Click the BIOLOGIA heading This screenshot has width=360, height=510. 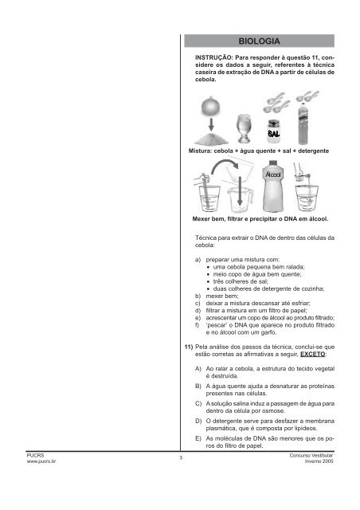(259, 41)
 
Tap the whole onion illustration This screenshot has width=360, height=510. (211, 106)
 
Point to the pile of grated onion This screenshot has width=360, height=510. (211, 139)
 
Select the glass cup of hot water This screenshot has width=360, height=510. (244, 128)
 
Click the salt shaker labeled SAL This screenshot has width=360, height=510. (273, 131)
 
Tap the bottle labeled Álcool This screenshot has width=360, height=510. (273, 186)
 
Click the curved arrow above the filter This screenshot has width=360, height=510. (225, 166)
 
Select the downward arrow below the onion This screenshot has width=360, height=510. (211, 124)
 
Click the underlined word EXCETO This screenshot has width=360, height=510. (312, 354)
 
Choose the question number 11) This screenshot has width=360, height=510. (189, 347)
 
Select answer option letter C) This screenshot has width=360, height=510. (198, 404)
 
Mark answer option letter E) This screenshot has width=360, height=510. (198, 438)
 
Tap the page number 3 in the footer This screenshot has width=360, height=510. (181, 458)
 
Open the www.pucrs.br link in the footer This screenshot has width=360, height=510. (41, 461)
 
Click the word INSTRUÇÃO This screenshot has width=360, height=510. (214, 57)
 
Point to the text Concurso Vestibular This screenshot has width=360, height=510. (311, 456)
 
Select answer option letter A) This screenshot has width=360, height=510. (198, 369)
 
